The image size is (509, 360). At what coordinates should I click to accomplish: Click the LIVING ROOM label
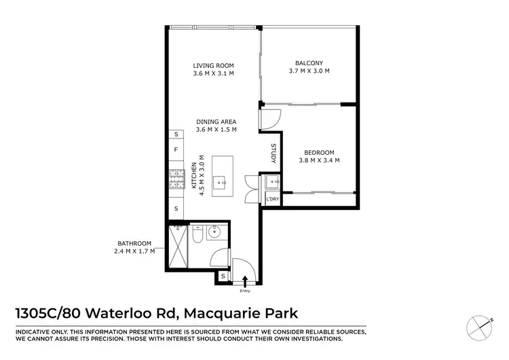[x=212, y=65]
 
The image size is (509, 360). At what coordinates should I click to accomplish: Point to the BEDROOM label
[x=318, y=152]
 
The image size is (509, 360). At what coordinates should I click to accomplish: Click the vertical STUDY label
[x=274, y=154]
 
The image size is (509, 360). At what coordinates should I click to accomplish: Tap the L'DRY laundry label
[x=273, y=198]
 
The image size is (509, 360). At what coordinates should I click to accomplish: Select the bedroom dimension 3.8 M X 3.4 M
[x=318, y=160]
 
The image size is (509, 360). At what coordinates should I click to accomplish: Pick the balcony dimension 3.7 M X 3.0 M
[x=309, y=71]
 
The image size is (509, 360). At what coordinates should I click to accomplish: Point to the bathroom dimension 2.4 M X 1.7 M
[x=136, y=251]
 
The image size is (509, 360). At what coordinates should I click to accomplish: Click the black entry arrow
[x=245, y=279]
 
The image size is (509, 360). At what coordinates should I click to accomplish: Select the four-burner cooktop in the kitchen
[x=176, y=178]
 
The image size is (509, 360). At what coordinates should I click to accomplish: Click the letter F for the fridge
[x=176, y=149]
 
